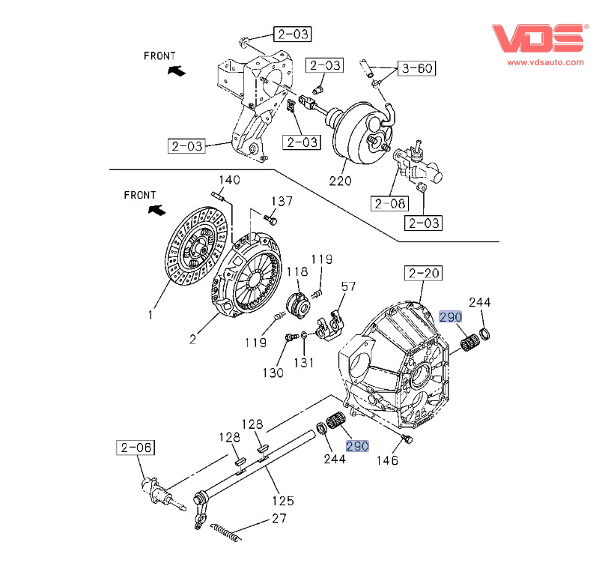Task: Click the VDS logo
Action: (x=537, y=38)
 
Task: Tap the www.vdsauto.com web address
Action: (x=546, y=63)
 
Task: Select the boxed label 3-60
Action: (x=417, y=69)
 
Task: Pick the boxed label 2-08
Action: (x=389, y=202)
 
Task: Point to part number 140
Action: (x=229, y=180)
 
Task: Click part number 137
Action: (x=282, y=201)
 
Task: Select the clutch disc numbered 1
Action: (x=196, y=247)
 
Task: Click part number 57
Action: (x=349, y=286)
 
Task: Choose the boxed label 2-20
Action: (x=423, y=274)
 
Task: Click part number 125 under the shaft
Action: (x=283, y=501)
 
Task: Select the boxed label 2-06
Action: (x=135, y=448)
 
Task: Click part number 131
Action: (x=303, y=363)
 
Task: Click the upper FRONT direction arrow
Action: (x=176, y=70)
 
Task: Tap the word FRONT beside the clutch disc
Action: (x=140, y=195)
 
